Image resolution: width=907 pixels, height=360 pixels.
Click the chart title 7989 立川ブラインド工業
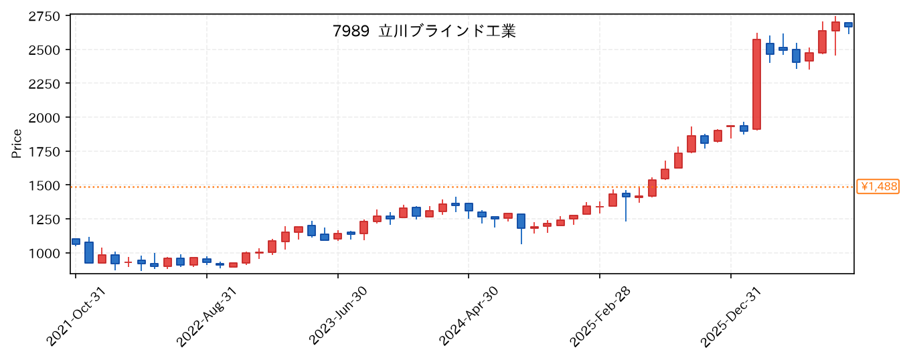[x=424, y=31]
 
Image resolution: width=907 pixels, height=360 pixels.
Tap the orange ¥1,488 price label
[x=878, y=187]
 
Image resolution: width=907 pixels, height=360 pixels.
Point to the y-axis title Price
[x=16, y=144]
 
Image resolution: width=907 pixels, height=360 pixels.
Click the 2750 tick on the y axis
[x=44, y=16]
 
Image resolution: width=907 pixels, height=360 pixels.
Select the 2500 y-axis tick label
[x=44, y=50]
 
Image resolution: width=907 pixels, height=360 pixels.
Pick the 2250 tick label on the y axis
[x=44, y=84]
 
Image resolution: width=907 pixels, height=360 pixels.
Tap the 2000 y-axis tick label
[x=44, y=118]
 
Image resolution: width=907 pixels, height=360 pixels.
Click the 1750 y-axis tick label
[x=44, y=151]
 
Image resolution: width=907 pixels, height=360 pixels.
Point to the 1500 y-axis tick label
[x=44, y=185]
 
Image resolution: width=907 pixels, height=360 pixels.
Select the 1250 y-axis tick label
[x=44, y=219]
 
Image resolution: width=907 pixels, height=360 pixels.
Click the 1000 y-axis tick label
[x=44, y=253]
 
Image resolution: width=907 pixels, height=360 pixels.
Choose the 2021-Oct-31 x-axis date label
[x=76, y=317]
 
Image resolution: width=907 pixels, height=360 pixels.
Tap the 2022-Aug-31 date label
[x=207, y=317]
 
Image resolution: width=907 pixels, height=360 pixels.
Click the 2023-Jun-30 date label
[x=337, y=315]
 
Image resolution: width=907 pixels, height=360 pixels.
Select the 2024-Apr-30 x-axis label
[x=469, y=316]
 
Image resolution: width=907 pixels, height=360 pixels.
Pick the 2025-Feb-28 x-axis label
[x=600, y=317]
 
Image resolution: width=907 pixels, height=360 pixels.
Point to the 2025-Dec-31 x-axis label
[x=730, y=317]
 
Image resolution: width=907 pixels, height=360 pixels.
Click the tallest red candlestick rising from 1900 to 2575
[x=756, y=84]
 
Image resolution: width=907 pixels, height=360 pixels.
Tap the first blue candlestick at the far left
[x=76, y=242]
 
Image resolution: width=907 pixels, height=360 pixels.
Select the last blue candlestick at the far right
[x=848, y=25]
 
